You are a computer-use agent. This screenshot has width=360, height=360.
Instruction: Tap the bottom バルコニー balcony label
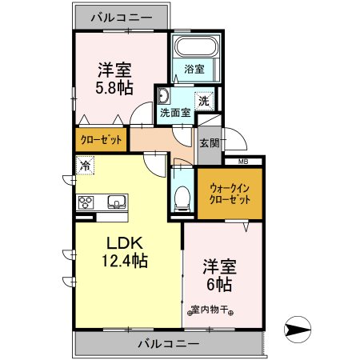167,344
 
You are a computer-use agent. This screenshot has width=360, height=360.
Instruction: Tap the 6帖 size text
218,285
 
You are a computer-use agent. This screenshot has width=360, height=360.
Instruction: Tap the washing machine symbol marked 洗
205,101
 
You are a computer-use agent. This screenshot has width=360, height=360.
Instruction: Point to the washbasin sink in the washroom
163,98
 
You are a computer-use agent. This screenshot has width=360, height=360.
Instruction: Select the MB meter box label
242,161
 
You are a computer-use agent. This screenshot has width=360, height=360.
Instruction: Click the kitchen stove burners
86,202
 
